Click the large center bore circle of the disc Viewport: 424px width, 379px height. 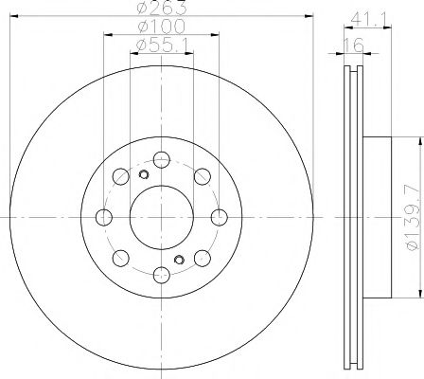[161, 217]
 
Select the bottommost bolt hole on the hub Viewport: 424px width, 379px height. [161, 275]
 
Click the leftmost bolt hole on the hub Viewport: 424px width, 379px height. [103, 217]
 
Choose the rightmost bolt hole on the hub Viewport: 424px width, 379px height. [219, 217]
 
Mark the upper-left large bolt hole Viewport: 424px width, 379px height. [120, 176]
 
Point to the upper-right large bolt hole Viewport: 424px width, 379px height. [202, 176]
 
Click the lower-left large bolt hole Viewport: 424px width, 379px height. [120, 258]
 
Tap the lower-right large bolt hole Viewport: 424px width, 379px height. [202, 258]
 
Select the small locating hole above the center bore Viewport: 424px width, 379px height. [144, 174]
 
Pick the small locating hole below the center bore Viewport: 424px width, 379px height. [178, 260]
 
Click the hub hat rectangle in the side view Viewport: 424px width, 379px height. [376, 217]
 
